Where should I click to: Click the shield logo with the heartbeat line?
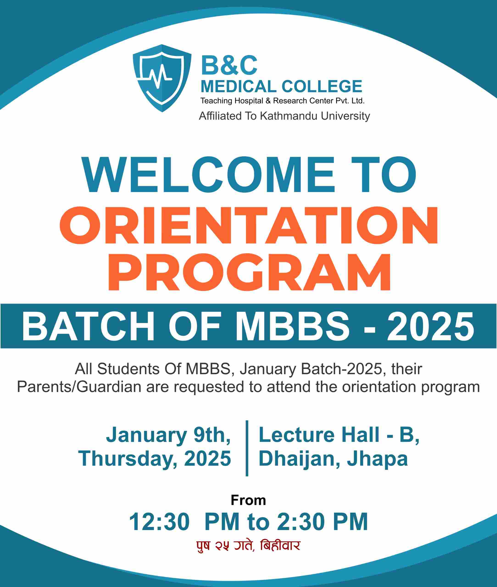pyautogui.click(x=162, y=78)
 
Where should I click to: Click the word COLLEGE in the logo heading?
pyautogui.click(x=322, y=86)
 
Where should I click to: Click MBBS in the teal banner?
pyautogui.click(x=292, y=327)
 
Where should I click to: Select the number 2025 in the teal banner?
pyautogui.click(x=431, y=327)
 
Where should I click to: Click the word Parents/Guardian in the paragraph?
pyautogui.click(x=79, y=387)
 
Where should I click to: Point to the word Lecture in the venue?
pyautogui.click(x=296, y=434)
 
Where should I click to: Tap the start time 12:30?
pyautogui.click(x=159, y=522)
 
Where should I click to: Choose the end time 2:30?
pyautogui.click(x=301, y=522)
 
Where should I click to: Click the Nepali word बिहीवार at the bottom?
pyautogui.click(x=280, y=545)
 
